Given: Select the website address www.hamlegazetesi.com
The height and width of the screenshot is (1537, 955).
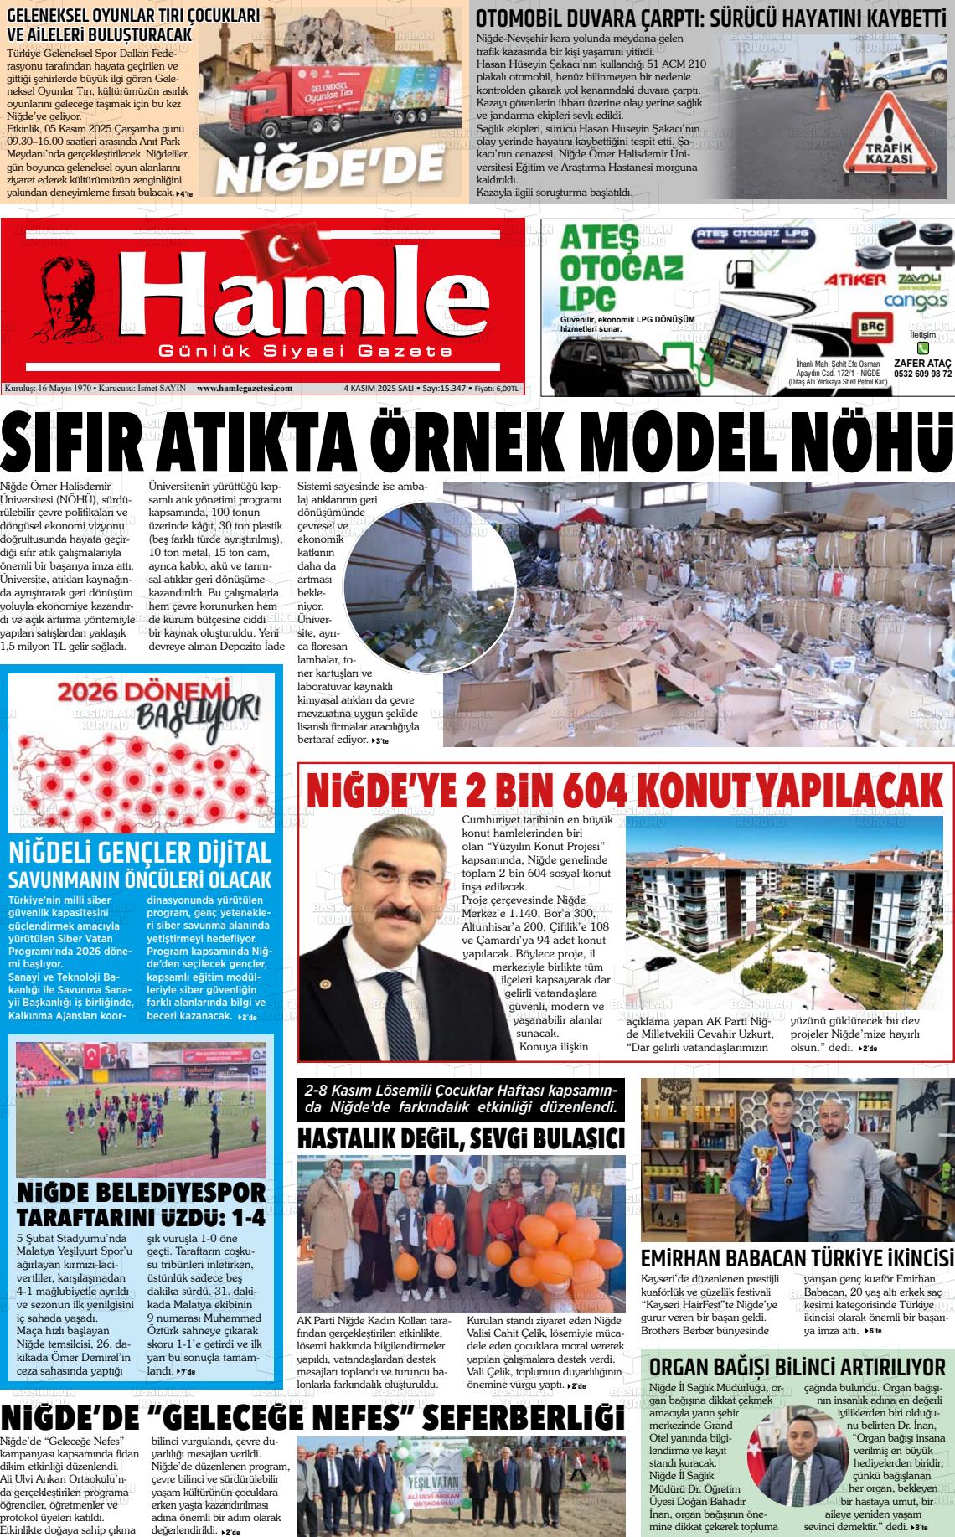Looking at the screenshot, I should pos(244,389).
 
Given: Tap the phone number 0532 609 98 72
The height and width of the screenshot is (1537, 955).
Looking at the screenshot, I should pos(922,374).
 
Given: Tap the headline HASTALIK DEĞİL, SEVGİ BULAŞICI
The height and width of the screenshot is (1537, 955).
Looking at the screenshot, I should pos(461,1139).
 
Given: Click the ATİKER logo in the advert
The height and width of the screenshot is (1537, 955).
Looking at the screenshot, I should pos(854,278).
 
